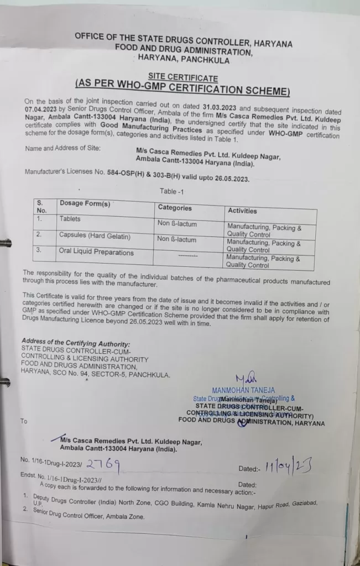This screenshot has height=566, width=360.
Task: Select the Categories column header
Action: coord(175,208)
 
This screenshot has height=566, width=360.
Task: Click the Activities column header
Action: coord(242,211)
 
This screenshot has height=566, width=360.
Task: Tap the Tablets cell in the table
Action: coord(70,219)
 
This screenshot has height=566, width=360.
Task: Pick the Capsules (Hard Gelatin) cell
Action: coord(95,236)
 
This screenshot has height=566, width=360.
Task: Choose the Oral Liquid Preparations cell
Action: coord(96,253)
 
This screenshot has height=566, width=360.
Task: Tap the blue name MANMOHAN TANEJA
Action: coord(243,390)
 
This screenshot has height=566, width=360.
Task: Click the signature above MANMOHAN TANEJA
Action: coord(244,380)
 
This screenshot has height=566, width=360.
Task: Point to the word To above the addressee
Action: coord(24,421)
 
